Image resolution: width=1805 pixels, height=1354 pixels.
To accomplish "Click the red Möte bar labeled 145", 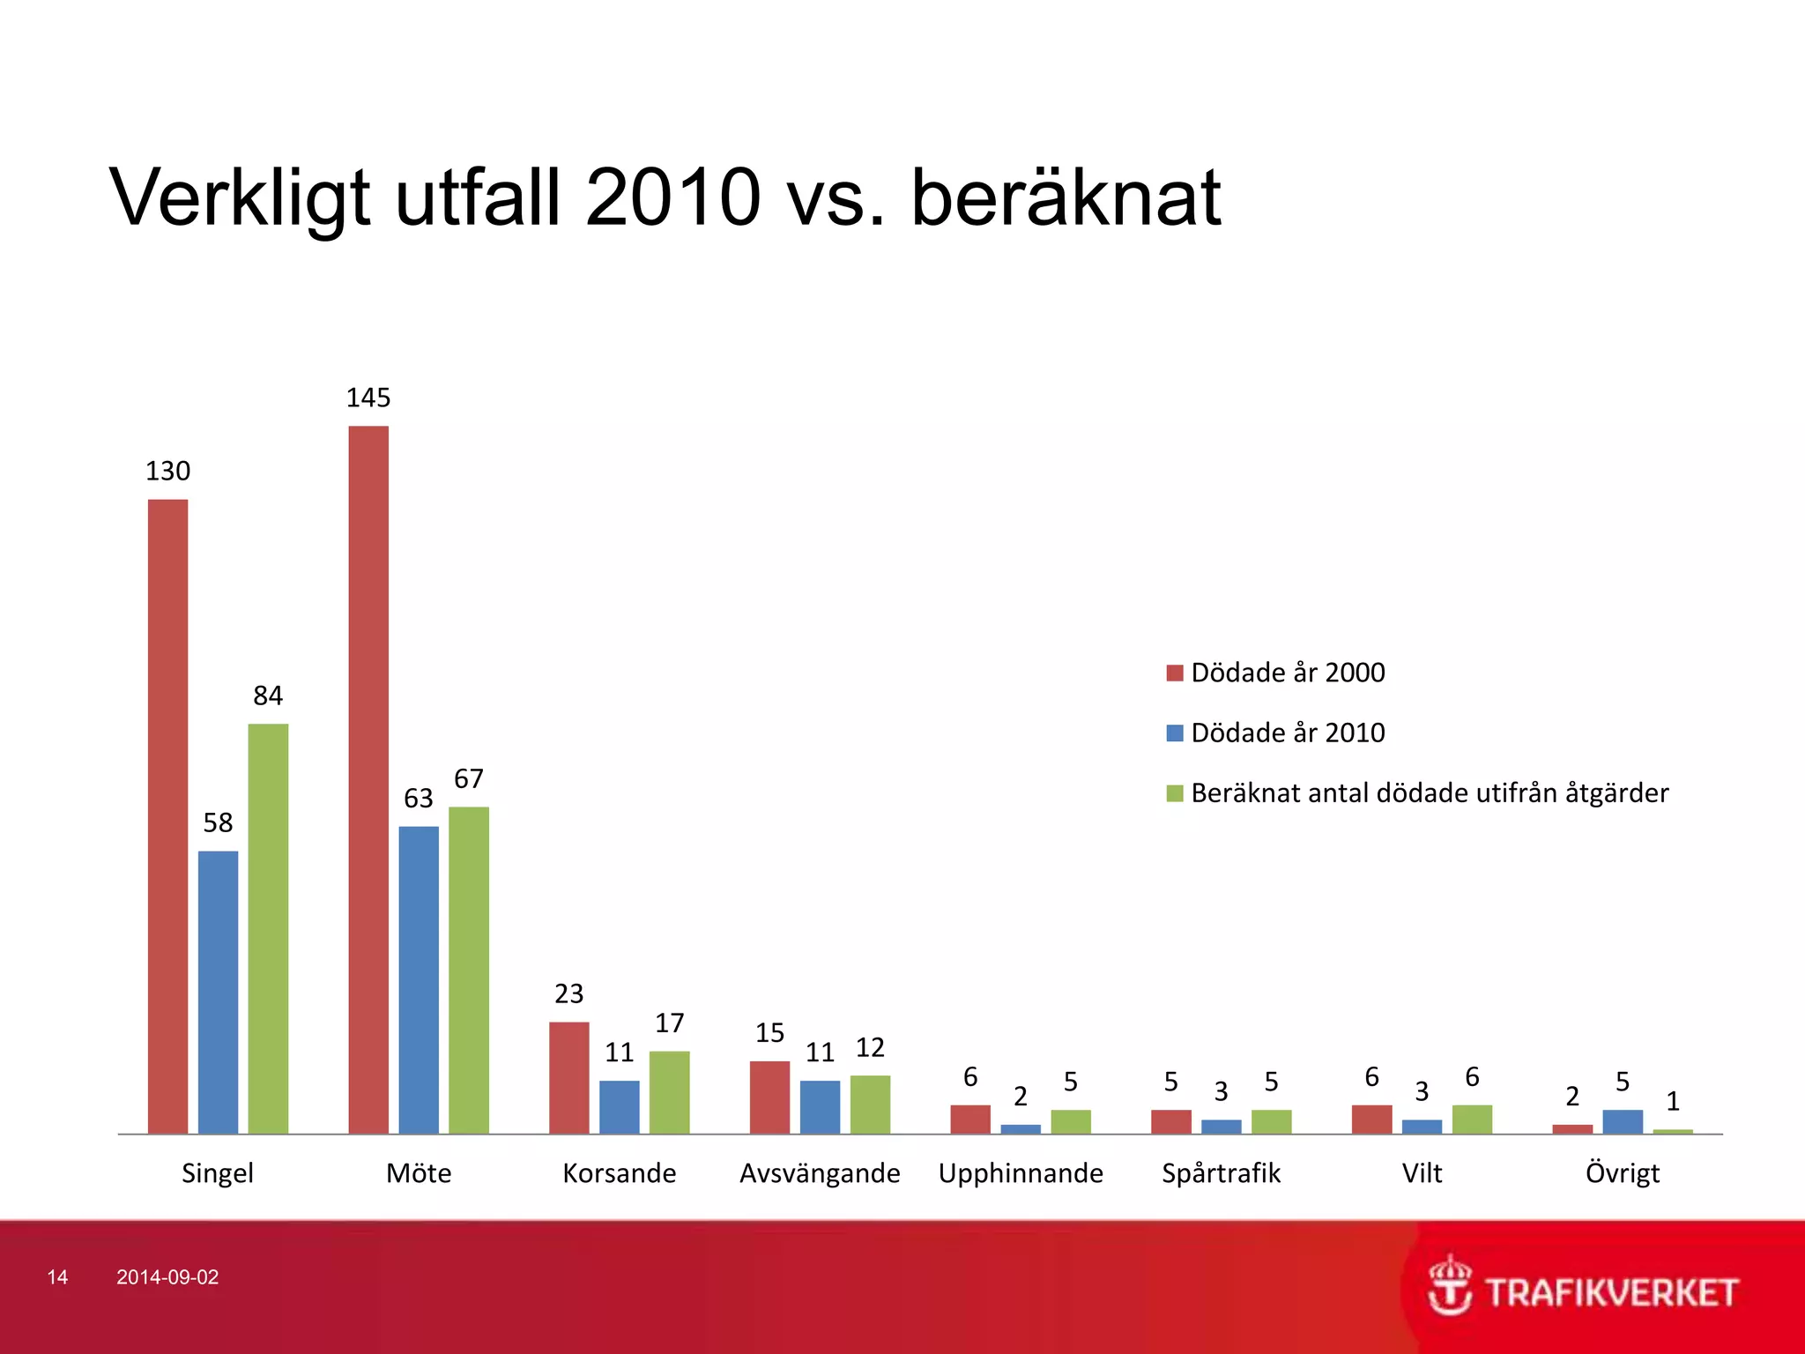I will pyautogui.click(x=368, y=779).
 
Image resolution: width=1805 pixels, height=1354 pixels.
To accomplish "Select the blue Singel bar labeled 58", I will pyautogui.click(x=218, y=992).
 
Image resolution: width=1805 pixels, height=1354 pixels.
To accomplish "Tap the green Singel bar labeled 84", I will pyautogui.click(x=268, y=928).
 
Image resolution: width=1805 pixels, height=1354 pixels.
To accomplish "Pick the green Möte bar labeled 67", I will pyautogui.click(x=468, y=970).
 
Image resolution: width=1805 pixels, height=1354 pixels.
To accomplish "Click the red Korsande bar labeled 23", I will pyautogui.click(x=568, y=1077).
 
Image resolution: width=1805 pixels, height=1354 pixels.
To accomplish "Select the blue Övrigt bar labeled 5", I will pyautogui.click(x=1623, y=1121).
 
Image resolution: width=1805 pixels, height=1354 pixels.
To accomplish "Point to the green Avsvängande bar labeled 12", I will pyautogui.click(x=870, y=1104).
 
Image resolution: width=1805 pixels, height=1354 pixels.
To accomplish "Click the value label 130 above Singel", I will pyautogui.click(x=167, y=472).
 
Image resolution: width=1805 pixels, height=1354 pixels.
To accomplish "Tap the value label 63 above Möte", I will pyautogui.click(x=419, y=799).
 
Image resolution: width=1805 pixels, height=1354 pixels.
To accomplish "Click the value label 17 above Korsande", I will pyautogui.click(x=669, y=1023).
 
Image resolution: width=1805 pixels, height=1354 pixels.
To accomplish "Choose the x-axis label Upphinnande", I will pyautogui.click(x=1021, y=1173).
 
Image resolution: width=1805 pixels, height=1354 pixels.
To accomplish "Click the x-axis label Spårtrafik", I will pyautogui.click(x=1221, y=1173).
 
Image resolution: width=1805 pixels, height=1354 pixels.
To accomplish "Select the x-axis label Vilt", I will pyautogui.click(x=1422, y=1173).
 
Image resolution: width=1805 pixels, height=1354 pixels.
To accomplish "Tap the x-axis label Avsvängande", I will pyautogui.click(x=820, y=1173).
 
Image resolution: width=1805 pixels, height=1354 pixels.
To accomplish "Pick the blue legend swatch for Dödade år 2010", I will pyautogui.click(x=1174, y=733).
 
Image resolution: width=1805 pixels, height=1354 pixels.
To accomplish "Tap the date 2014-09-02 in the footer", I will pyautogui.click(x=167, y=1277).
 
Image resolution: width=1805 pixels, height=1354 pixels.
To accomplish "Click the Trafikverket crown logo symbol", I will pyautogui.click(x=1449, y=1285).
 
